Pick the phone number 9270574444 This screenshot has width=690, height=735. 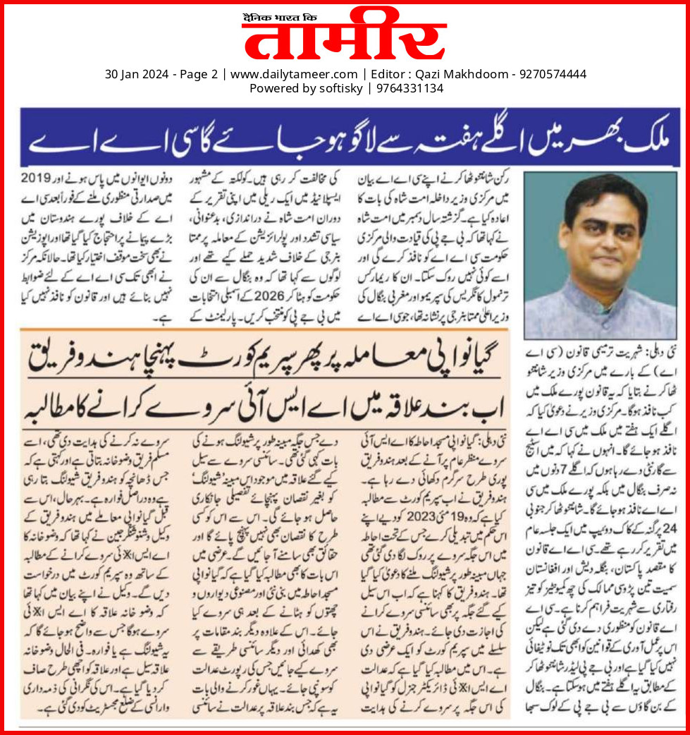pyautogui.click(x=553, y=74)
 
